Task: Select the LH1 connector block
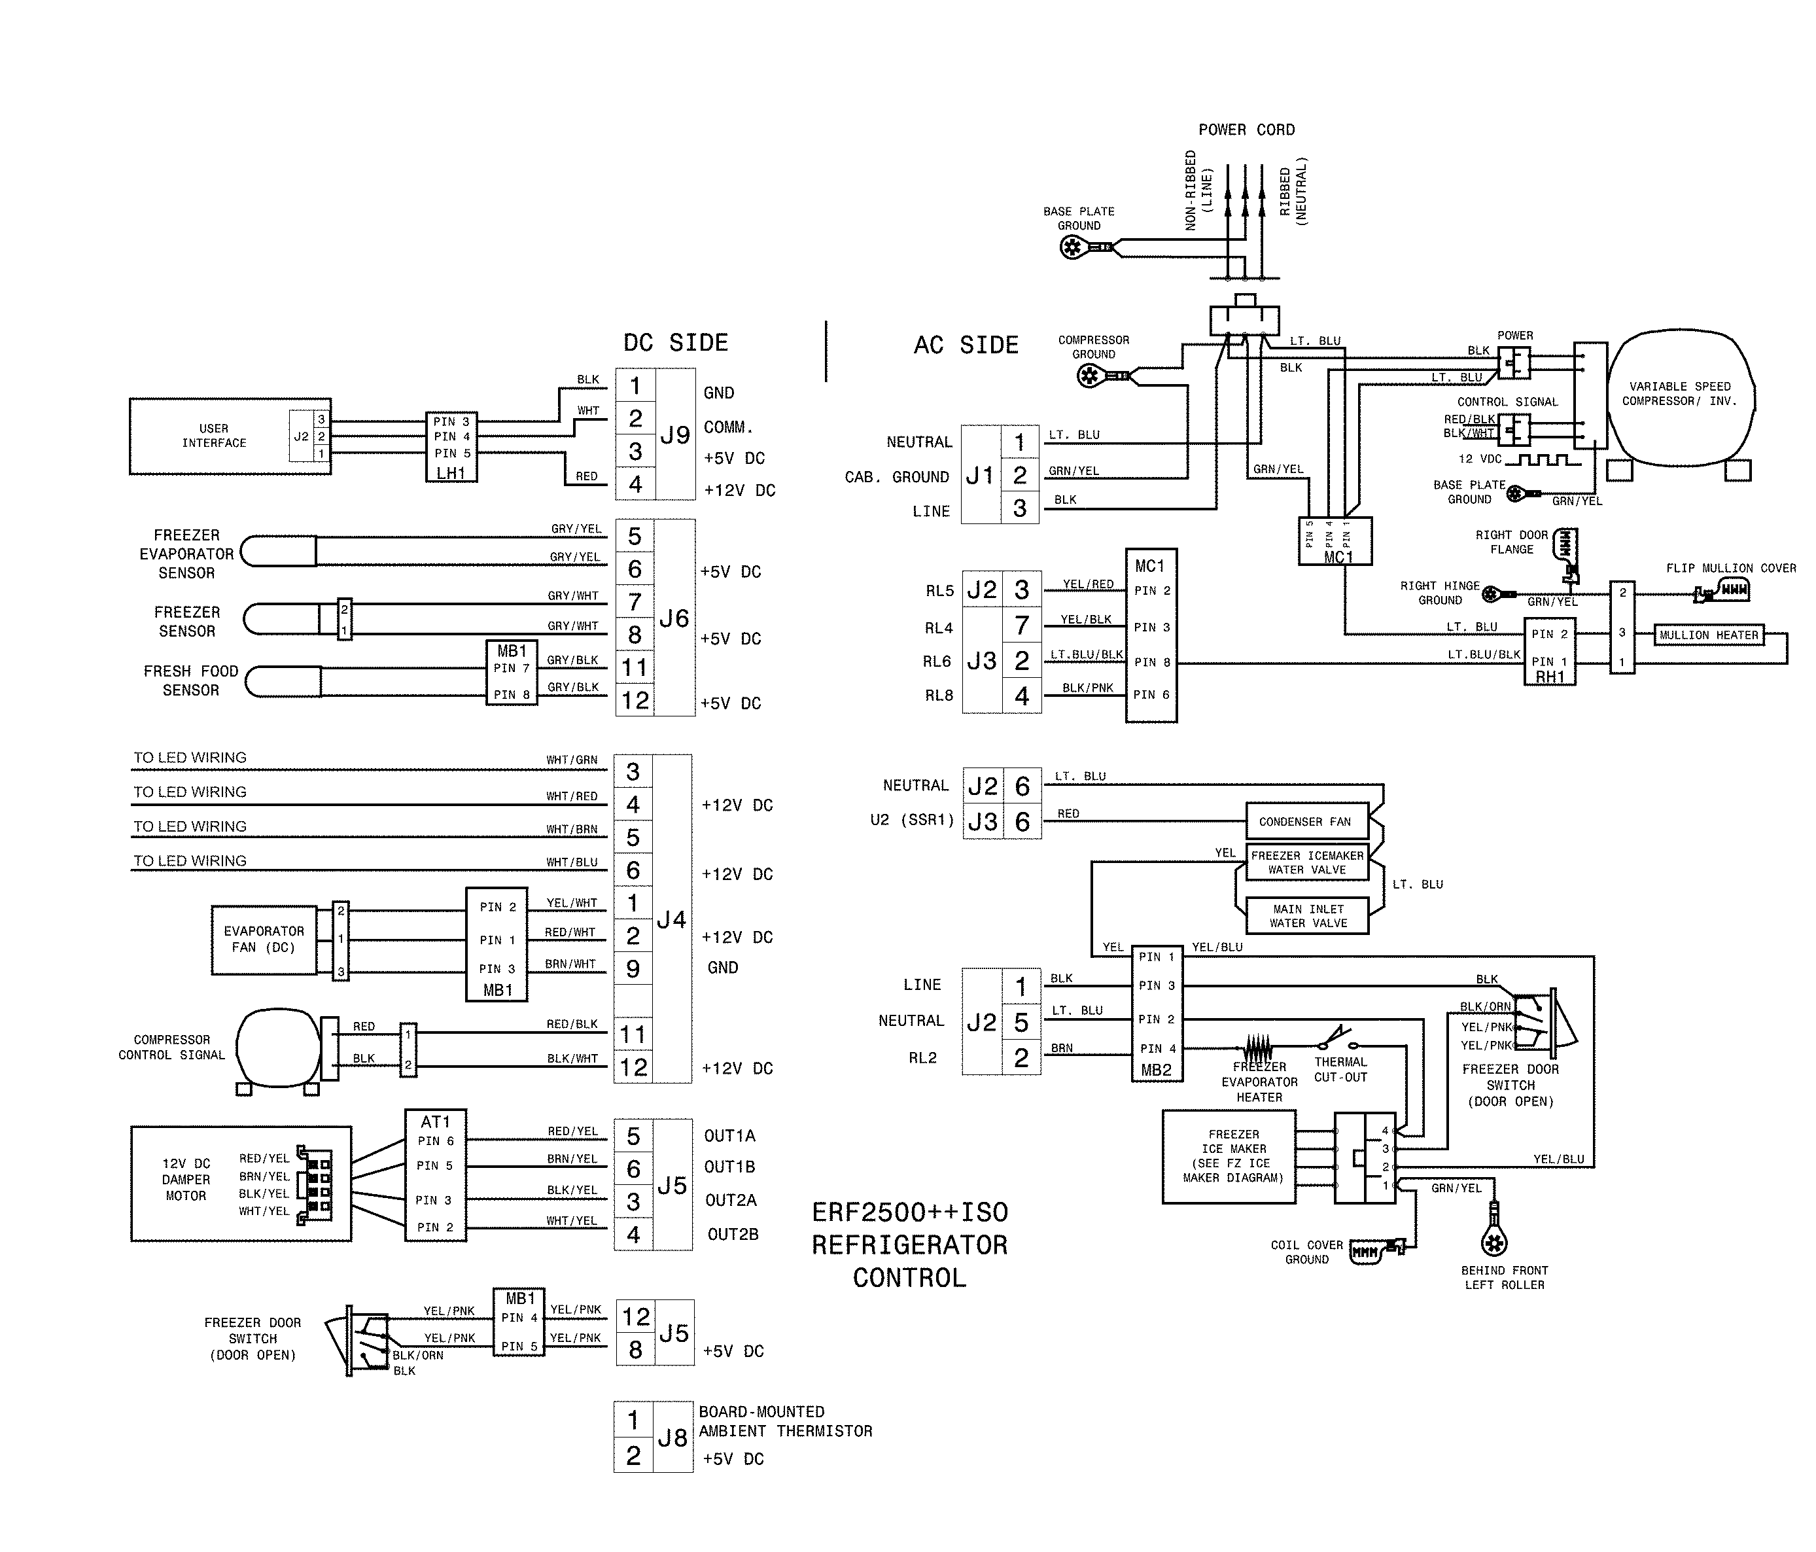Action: pyautogui.click(x=451, y=446)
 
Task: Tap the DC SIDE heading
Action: pyautogui.click(x=675, y=343)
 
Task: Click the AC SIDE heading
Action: pyautogui.click(x=966, y=345)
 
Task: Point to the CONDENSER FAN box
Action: pyautogui.click(x=1306, y=822)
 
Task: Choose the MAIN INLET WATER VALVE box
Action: pyautogui.click(x=1307, y=916)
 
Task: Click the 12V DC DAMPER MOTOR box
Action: pyautogui.click(x=240, y=1184)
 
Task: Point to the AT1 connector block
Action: pyautogui.click(x=435, y=1175)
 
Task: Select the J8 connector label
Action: pyautogui.click(x=672, y=1438)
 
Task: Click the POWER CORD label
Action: pyautogui.click(x=1246, y=130)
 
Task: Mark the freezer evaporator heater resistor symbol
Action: pyautogui.click(x=1259, y=1046)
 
